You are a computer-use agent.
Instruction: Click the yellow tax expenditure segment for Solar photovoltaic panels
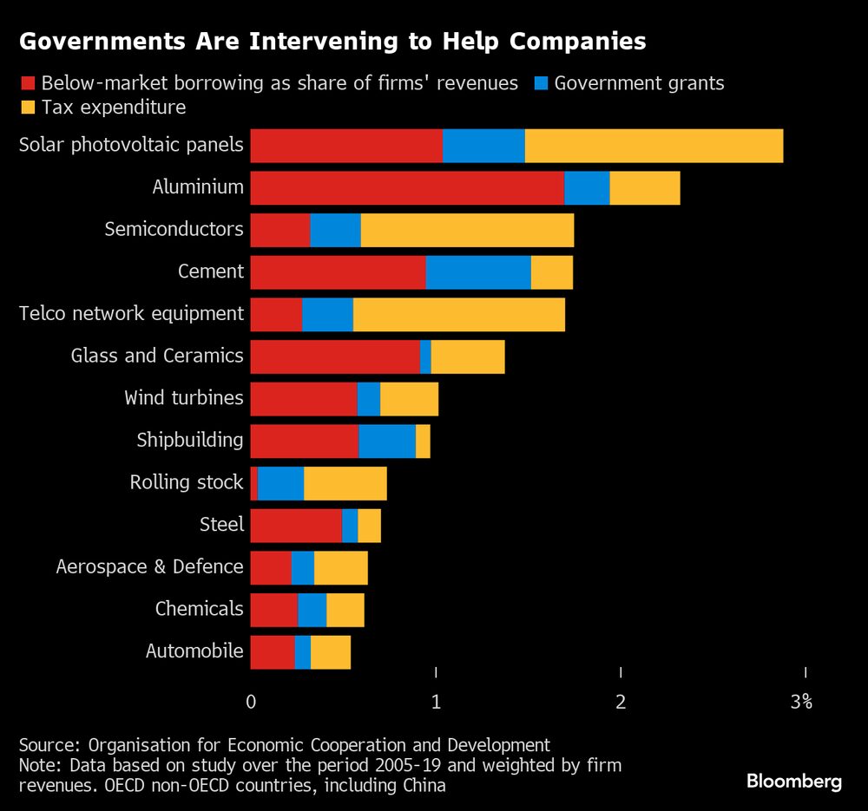click(x=654, y=146)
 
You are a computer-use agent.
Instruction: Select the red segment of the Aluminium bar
click(x=407, y=187)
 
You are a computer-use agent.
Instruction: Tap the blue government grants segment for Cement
click(x=478, y=272)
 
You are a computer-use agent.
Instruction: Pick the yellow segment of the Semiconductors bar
click(x=467, y=230)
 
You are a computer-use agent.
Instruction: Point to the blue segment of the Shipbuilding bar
click(x=387, y=441)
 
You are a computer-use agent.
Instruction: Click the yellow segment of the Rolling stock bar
click(x=345, y=483)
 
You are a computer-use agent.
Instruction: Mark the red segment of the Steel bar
click(x=296, y=526)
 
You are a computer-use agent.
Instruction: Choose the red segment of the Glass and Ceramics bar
click(x=335, y=356)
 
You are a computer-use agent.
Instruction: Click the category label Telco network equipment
click(x=131, y=314)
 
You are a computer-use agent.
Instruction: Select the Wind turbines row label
click(x=184, y=398)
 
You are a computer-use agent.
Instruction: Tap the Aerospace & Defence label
click(x=149, y=567)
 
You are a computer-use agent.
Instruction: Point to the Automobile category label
click(x=194, y=651)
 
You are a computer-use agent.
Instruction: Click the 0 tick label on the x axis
click(x=251, y=702)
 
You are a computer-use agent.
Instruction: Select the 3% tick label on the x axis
click(x=801, y=702)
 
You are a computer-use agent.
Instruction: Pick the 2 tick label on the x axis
click(x=621, y=702)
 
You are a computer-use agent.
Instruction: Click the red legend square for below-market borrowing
click(x=27, y=84)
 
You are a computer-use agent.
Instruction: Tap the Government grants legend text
click(x=639, y=84)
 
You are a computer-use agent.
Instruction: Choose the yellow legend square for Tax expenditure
click(x=27, y=108)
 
